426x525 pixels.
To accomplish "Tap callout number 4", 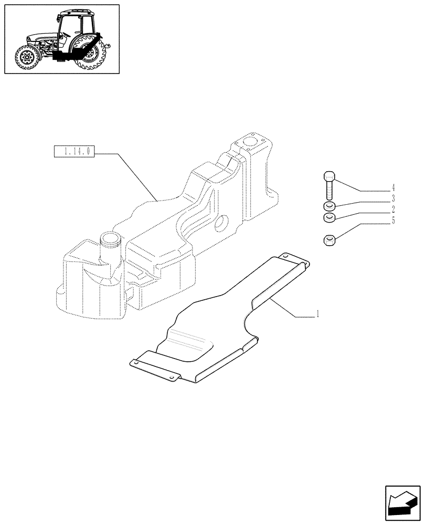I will (x=393, y=188).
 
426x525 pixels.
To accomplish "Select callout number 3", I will (x=393, y=199).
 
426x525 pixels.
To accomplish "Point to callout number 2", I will (x=393, y=209).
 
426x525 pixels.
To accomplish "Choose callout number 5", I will (x=393, y=220).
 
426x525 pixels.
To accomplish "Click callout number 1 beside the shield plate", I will (x=317, y=315).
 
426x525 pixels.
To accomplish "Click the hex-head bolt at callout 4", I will (x=329, y=183).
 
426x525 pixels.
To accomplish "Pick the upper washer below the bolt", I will (x=329, y=206).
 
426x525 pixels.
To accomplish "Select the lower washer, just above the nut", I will (x=329, y=217).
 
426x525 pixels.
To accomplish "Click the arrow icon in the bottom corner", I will (x=402, y=503).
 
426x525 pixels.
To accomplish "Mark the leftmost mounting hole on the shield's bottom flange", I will (x=136, y=362).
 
